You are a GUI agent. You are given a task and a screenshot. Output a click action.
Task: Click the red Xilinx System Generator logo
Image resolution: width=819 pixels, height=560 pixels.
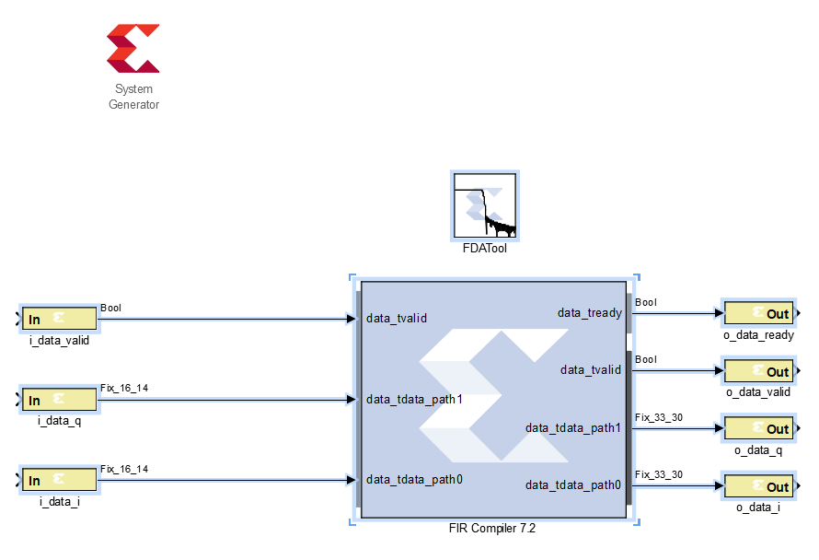[x=133, y=49]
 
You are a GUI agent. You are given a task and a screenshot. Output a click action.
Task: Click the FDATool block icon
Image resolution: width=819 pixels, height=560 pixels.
[x=485, y=204]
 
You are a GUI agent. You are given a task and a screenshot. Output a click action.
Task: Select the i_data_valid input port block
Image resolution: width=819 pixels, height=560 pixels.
[x=60, y=319]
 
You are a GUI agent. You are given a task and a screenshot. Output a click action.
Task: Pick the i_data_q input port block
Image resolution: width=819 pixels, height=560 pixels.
[x=60, y=400]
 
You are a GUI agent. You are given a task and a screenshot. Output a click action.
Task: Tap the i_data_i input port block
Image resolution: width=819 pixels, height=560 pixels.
[x=60, y=480]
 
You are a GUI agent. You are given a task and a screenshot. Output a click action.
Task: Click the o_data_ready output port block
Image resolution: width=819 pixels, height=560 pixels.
[x=758, y=312]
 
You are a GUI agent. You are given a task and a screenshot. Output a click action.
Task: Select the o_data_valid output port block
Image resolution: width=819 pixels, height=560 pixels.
[x=758, y=370]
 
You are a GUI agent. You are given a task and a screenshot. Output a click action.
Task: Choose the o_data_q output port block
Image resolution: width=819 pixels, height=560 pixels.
[x=758, y=428]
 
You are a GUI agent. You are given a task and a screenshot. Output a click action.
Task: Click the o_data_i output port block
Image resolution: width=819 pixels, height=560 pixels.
[x=758, y=485]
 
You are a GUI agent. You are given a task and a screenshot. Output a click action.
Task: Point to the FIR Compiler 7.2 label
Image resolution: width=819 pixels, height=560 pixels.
[x=492, y=529]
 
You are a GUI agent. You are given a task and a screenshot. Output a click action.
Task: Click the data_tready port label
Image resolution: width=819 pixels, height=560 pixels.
[x=589, y=313]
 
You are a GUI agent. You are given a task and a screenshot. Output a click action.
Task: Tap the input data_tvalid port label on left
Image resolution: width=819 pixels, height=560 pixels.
[x=397, y=319]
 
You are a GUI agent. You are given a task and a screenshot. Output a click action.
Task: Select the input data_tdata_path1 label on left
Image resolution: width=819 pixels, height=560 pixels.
[x=414, y=400]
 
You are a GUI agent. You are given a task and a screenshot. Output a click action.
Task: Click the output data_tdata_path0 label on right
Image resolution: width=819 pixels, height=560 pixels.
[x=573, y=485]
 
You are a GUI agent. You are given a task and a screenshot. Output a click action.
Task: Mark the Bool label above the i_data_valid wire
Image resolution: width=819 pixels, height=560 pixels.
[x=110, y=309]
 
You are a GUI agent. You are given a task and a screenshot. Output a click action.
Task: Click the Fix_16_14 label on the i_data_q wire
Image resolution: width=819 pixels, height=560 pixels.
[x=123, y=389]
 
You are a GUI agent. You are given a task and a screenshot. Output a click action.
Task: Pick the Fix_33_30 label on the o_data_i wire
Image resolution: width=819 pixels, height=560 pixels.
[x=659, y=475]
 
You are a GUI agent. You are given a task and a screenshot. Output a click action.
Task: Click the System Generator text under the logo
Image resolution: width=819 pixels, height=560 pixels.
[x=133, y=97]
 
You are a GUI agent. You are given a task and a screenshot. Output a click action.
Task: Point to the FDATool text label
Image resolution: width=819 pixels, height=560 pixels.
[x=485, y=248]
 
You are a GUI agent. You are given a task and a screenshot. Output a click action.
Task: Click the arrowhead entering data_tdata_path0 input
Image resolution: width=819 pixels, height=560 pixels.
[x=351, y=480]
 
